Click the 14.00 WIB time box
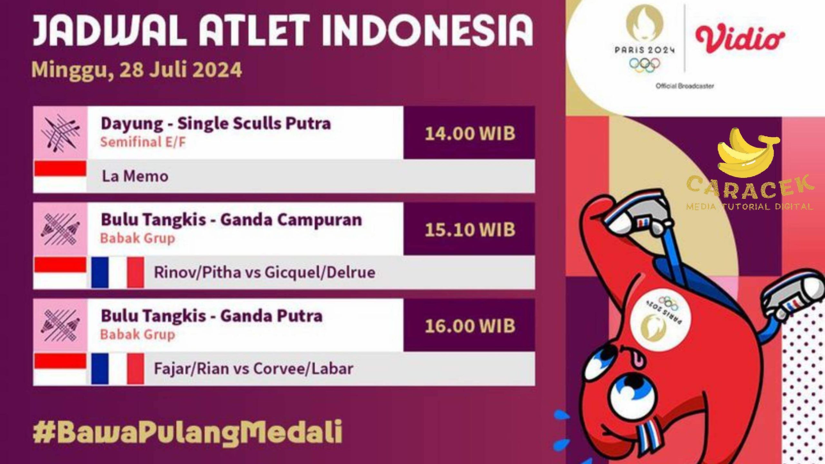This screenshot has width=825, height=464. (469, 133)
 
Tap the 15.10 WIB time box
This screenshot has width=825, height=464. (469, 229)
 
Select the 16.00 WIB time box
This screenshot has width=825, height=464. (469, 325)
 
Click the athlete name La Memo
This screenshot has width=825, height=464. (135, 176)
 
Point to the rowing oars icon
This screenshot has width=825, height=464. (60, 133)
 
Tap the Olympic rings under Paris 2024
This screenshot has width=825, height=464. (645, 64)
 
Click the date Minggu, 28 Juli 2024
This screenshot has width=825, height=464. (137, 70)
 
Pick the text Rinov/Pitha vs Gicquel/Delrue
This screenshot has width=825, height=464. (265, 272)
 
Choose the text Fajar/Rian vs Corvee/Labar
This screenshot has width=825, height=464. (254, 369)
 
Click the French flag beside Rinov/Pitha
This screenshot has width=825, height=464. (118, 272)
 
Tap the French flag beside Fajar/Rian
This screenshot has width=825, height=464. (118, 369)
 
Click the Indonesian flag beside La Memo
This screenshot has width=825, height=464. (60, 176)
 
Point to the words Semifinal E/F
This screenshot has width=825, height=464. (143, 142)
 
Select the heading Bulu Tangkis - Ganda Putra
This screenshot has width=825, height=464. (212, 316)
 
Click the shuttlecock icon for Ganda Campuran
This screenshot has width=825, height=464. (60, 229)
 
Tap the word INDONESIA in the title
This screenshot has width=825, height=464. (426, 30)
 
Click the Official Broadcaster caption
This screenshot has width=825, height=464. (685, 86)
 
